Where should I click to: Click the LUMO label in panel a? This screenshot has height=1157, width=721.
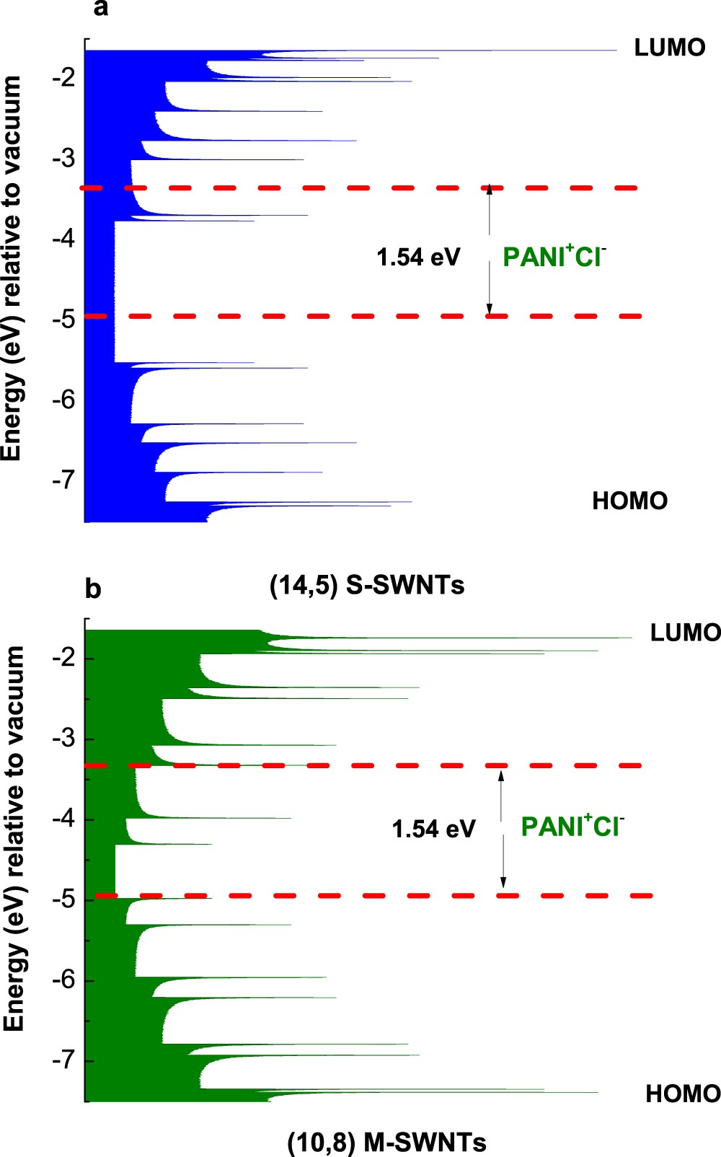click(669, 48)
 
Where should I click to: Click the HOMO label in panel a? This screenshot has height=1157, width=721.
click(629, 501)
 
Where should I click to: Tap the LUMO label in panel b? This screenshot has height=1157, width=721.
click(684, 633)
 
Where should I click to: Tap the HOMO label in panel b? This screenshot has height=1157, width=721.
click(682, 1094)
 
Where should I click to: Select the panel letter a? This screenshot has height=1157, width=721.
click(101, 9)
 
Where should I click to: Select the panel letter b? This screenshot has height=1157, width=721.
click(93, 589)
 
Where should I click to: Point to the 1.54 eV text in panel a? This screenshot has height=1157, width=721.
click(418, 257)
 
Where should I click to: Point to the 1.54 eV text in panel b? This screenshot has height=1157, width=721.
click(433, 829)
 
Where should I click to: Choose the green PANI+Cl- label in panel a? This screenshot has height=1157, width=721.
click(554, 256)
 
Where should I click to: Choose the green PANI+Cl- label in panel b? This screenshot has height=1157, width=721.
click(572, 826)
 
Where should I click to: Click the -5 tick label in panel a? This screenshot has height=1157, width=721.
click(64, 319)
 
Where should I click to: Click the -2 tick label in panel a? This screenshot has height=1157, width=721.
click(64, 76)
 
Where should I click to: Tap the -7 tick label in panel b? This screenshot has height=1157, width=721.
click(64, 1060)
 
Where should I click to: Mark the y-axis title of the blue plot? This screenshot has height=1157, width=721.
click(12, 268)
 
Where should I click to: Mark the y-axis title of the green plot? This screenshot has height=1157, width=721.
click(14, 838)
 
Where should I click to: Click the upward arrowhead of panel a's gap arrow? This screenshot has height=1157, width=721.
click(489, 190)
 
